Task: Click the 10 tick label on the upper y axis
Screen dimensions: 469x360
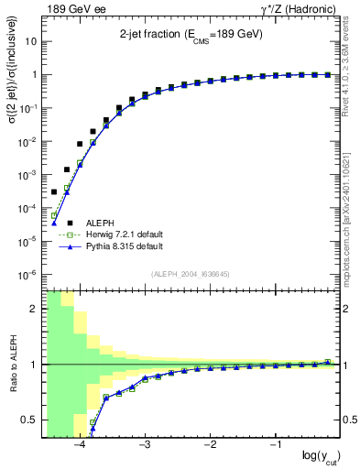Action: [x=31, y=41]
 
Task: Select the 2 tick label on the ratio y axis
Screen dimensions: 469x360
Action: [x=34, y=309]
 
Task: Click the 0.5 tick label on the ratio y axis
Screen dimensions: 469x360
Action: [x=30, y=420]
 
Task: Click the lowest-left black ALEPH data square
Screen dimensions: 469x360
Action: [x=54, y=191]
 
